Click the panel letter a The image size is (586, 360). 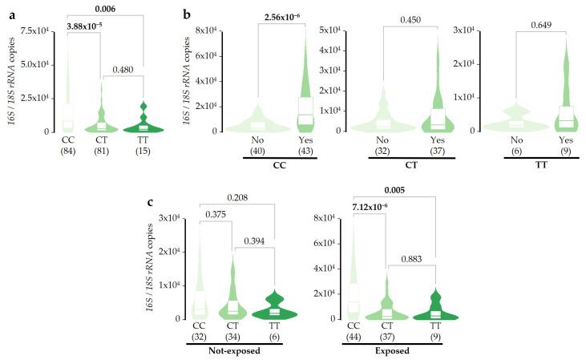pos(7,14)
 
